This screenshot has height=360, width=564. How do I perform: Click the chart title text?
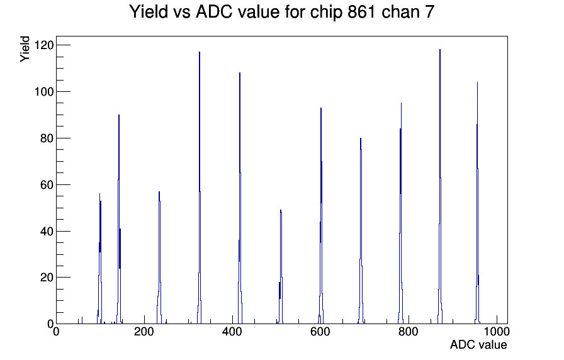(281, 11)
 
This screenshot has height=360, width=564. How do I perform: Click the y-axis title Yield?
(25, 49)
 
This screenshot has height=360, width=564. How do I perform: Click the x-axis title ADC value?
(478, 344)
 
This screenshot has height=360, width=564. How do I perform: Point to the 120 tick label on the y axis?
(43, 45)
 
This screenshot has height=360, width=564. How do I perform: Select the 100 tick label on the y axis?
(43, 92)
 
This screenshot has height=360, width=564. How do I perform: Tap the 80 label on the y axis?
(47, 138)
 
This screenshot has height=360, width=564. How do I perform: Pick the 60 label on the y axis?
(47, 185)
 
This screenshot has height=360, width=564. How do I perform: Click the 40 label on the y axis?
(47, 231)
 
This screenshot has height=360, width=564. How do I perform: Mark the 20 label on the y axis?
(47, 278)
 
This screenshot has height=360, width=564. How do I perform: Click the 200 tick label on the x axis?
(144, 331)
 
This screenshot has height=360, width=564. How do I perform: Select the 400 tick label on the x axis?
(232, 331)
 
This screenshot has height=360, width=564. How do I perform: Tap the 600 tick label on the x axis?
(320, 331)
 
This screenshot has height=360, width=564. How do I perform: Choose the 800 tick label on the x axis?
(409, 331)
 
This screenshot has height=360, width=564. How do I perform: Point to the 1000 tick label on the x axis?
(497, 331)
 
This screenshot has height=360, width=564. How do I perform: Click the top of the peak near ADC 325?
(200, 52)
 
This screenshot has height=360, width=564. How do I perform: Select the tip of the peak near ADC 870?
(439, 50)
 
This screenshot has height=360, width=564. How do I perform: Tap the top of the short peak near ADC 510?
(281, 210)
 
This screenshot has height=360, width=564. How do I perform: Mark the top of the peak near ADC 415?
(240, 72)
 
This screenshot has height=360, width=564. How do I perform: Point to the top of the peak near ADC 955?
(477, 82)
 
